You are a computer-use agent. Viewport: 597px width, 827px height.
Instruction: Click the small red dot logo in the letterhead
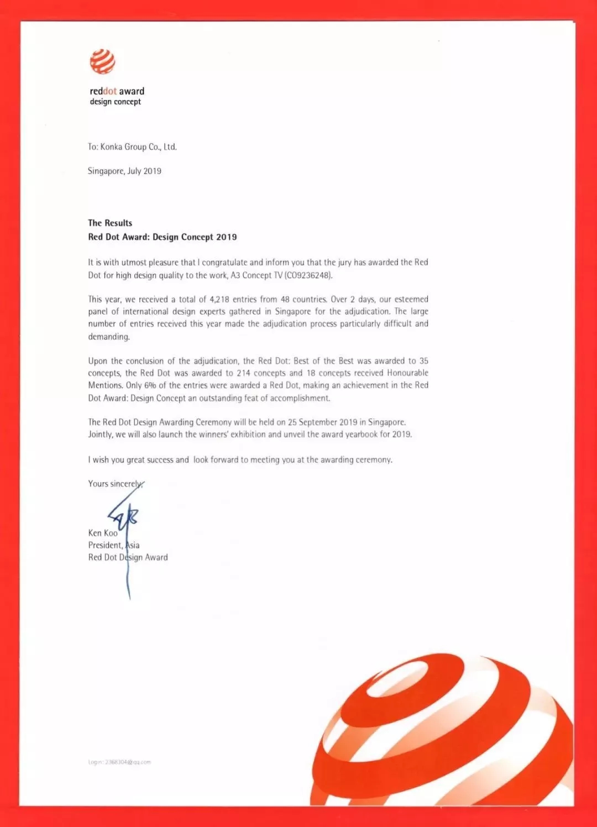click(x=102, y=61)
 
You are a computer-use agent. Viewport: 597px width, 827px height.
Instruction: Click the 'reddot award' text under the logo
click(x=117, y=91)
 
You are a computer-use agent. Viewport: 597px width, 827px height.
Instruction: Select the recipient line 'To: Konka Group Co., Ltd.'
click(x=132, y=147)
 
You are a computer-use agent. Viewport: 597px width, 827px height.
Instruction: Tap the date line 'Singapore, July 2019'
click(x=124, y=171)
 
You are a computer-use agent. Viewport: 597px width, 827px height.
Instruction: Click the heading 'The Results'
click(x=110, y=223)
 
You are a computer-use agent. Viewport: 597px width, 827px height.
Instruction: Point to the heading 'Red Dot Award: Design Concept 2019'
click(x=163, y=237)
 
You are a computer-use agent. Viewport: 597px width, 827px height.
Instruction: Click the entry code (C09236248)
click(x=308, y=275)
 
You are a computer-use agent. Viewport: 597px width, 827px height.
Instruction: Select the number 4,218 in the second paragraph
click(x=219, y=300)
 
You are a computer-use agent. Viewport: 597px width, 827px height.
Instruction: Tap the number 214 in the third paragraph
click(x=243, y=373)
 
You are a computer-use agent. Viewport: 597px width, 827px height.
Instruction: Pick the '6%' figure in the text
click(x=150, y=385)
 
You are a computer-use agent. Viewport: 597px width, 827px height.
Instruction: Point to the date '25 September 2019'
click(x=322, y=422)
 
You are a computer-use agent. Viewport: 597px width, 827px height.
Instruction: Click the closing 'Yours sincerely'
click(x=115, y=484)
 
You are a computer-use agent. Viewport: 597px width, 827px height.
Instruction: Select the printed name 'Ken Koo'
click(x=103, y=533)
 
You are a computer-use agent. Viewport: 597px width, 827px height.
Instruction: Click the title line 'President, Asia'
click(x=113, y=545)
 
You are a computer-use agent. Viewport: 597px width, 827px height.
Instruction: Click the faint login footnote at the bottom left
click(x=119, y=762)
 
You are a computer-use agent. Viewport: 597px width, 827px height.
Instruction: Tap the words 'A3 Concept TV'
click(x=256, y=275)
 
